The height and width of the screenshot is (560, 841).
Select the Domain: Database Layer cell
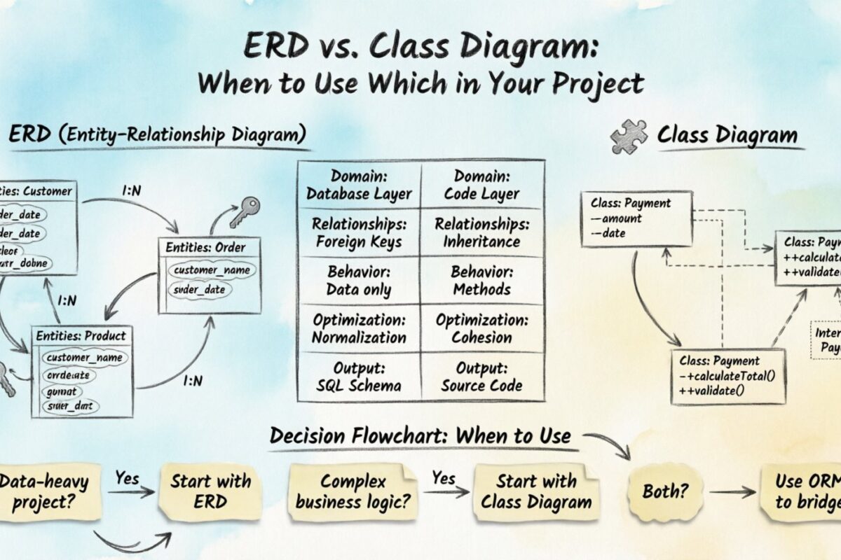tap(360, 185)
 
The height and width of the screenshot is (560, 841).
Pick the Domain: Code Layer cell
tap(482, 185)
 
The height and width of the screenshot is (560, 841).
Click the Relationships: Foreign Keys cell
tap(360, 233)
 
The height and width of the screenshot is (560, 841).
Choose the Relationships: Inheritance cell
tap(482, 233)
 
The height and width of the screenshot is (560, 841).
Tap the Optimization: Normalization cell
tap(360, 328)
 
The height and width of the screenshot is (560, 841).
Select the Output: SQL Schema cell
tap(360, 377)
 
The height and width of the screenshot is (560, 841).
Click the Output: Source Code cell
tap(482, 377)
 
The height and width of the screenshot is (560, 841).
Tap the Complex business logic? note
tap(355, 491)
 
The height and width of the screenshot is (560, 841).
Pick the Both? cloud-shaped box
tap(664, 491)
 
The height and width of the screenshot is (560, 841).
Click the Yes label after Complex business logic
tap(444, 478)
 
